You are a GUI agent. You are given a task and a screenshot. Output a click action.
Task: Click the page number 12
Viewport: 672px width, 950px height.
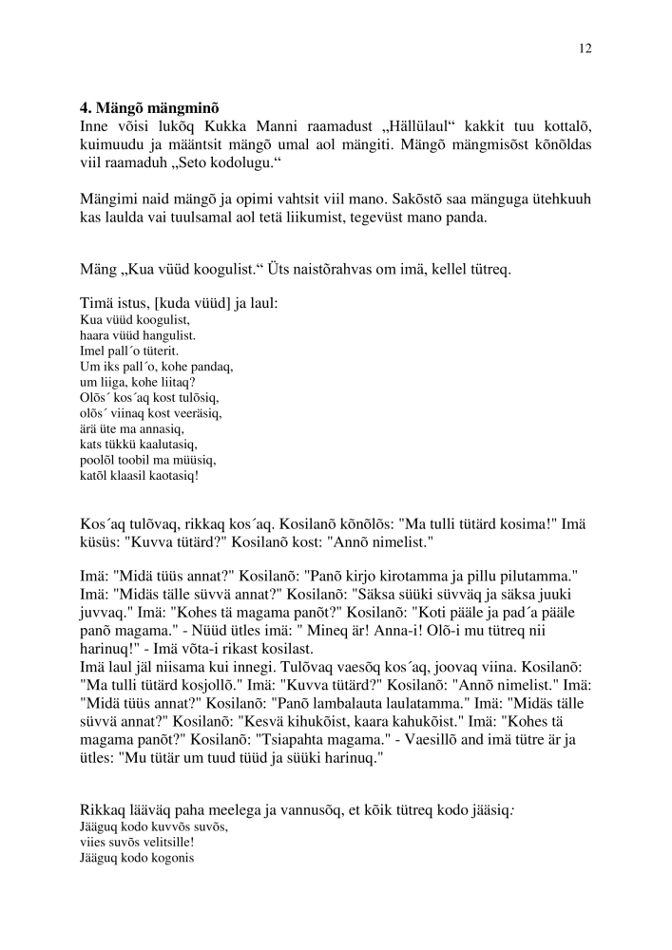point(585,47)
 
